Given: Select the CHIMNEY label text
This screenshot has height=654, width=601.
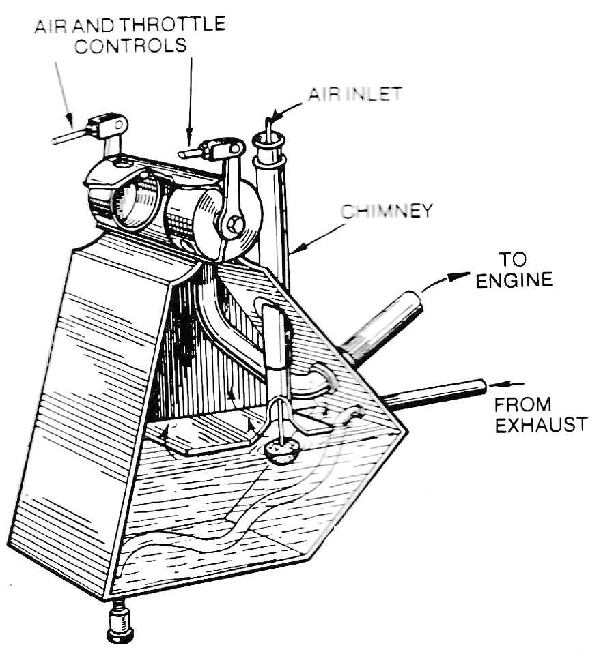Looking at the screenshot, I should point(387,211).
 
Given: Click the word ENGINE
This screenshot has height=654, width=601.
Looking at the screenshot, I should point(514,280).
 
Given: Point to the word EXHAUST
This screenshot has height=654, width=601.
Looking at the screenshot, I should point(540,425).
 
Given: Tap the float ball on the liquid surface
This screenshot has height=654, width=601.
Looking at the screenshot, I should point(281,450).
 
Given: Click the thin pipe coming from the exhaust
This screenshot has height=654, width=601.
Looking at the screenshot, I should point(437,394).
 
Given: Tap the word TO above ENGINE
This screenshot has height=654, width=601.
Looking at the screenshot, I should point(513,259).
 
